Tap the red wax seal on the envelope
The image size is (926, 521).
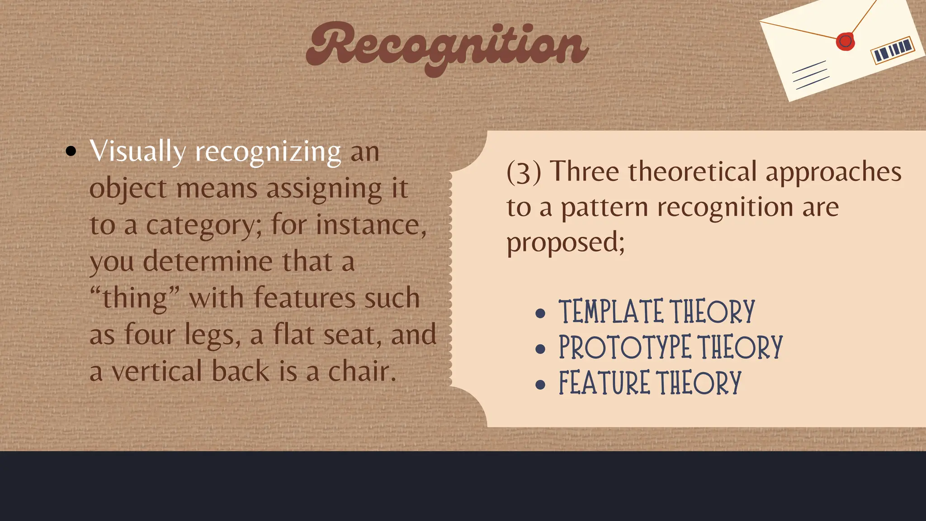tap(845, 42)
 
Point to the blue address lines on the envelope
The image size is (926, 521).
tap(811, 75)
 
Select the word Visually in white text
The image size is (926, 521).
tap(137, 152)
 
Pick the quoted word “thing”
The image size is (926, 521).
tap(135, 298)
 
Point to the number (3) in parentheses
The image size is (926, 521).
tap(524, 172)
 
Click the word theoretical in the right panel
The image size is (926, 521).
tap(692, 172)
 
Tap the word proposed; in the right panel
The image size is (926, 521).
tap(565, 243)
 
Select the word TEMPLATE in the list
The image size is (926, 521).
tap(612, 312)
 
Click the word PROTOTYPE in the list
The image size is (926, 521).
tap(625, 347)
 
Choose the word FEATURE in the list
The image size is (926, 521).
tap(604, 383)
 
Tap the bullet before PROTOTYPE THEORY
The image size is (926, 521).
tap(540, 349)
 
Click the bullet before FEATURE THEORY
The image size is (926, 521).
tap(540, 384)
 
